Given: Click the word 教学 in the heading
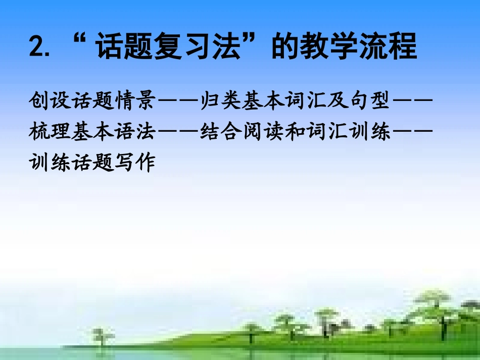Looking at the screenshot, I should (331, 47).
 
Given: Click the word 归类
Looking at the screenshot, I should (219, 101).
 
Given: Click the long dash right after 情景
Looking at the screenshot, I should (176, 101).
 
